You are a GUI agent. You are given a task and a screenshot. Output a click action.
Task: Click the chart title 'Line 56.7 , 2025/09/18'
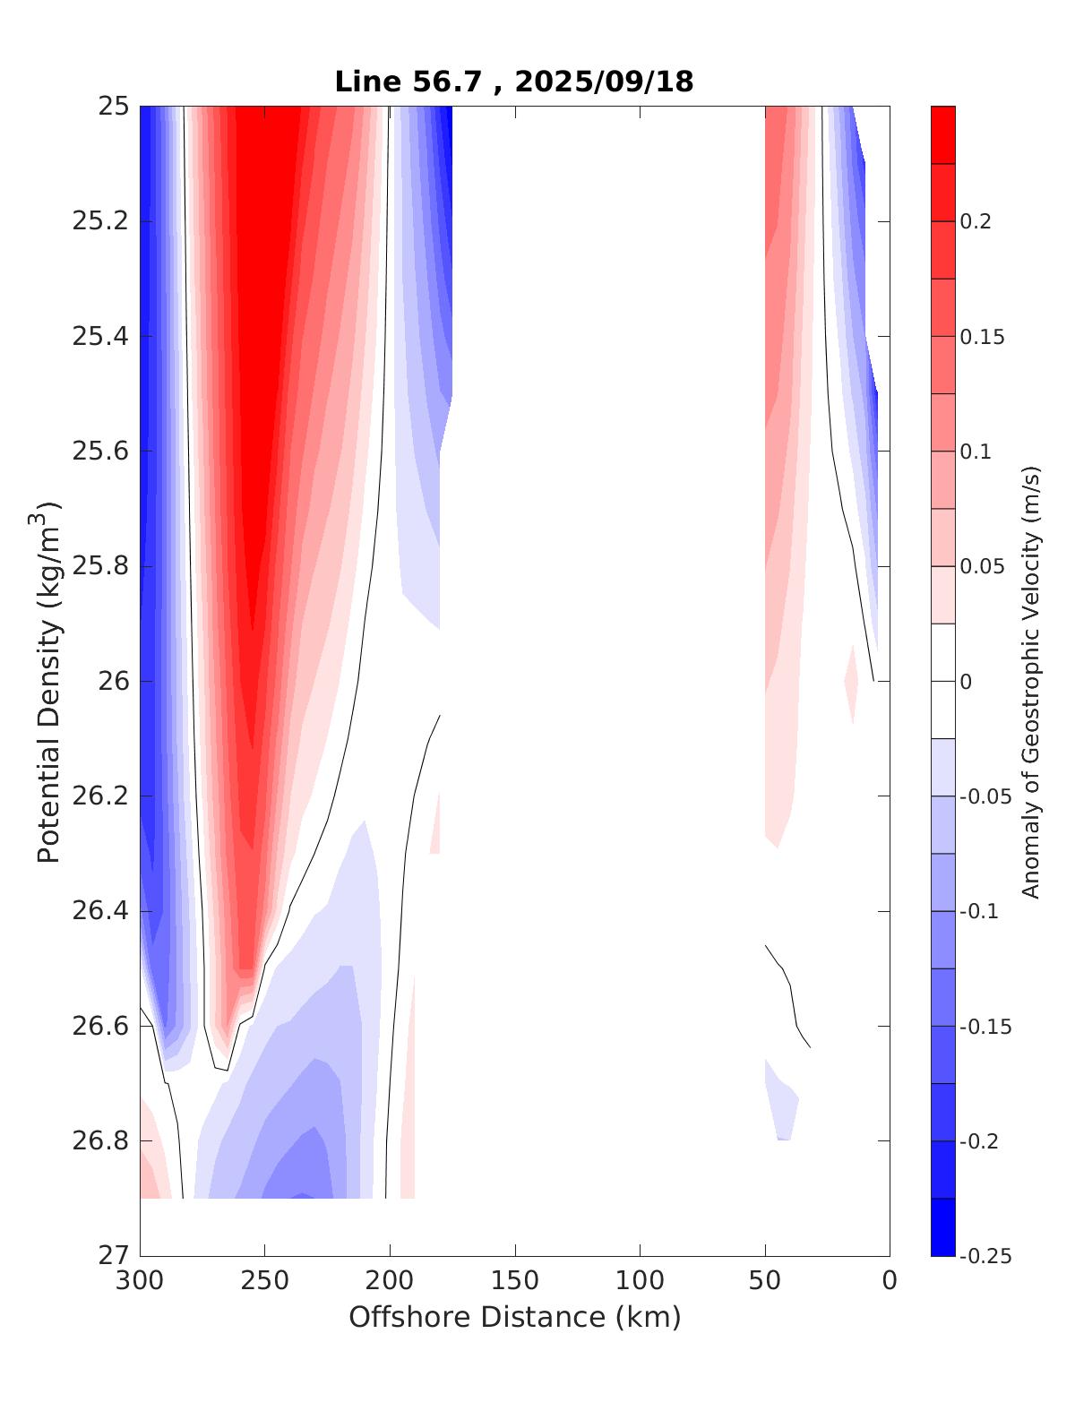tap(514, 82)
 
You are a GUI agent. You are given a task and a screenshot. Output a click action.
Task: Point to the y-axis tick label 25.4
tap(99, 337)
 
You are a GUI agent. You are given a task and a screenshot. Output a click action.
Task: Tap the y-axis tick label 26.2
tap(99, 796)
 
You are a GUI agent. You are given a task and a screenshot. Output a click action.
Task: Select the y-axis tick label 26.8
tap(99, 1141)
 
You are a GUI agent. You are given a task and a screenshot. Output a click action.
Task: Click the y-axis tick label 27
tap(114, 1256)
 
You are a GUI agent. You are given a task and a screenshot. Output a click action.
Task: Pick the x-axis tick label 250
tap(264, 1281)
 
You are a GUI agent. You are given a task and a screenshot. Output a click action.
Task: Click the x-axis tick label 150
tap(515, 1281)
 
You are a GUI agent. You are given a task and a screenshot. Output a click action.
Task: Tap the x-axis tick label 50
tap(765, 1281)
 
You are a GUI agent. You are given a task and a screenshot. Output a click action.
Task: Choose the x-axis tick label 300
tap(141, 1281)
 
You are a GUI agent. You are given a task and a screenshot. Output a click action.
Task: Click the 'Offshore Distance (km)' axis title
tap(514, 1317)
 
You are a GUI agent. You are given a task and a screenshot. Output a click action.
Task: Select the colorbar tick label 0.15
tap(983, 337)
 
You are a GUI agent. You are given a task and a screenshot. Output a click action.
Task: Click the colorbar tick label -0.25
tap(985, 1256)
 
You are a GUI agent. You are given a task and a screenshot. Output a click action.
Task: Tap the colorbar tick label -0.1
tap(979, 911)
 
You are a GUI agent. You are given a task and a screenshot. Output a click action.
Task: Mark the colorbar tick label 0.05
tap(983, 566)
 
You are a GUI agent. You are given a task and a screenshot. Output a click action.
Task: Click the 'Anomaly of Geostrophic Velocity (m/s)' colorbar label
tap(1031, 681)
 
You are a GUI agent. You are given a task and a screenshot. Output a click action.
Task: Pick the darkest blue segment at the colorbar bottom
tap(942, 1227)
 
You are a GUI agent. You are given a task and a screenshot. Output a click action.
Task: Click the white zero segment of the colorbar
tap(942, 681)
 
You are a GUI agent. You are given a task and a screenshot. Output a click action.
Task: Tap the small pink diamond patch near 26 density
tap(851, 683)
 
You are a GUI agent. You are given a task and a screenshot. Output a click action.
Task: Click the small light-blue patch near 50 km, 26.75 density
tap(781, 1104)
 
